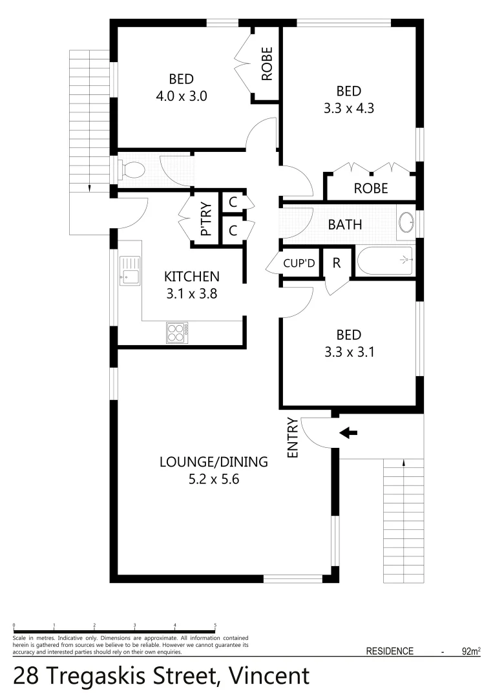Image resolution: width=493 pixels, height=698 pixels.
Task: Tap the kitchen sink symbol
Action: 130,270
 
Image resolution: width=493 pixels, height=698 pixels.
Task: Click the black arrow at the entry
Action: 348,432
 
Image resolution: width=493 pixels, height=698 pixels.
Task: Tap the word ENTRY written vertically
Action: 293,438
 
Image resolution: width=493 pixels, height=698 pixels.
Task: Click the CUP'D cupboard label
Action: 299,264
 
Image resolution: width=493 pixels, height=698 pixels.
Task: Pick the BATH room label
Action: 345,225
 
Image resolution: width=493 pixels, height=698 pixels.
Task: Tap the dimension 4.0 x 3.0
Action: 181,96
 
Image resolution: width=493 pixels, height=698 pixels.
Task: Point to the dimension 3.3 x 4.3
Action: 349,108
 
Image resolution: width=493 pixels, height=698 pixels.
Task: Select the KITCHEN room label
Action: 192,277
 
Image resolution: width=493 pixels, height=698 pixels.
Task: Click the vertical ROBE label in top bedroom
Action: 266,64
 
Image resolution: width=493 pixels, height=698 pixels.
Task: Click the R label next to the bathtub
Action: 336,263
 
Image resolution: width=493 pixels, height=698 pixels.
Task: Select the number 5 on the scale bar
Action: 215,625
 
